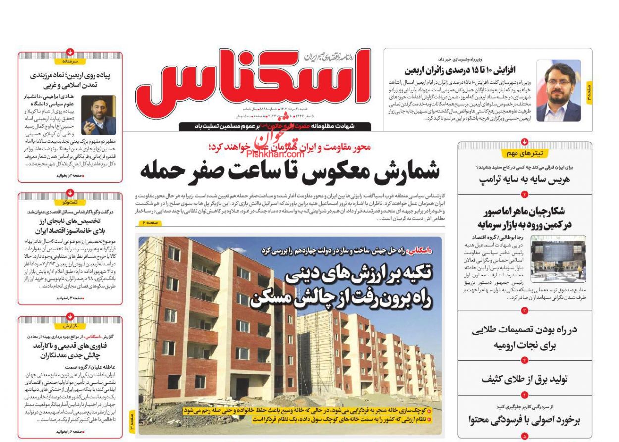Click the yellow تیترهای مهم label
(524, 153)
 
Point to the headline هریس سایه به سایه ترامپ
(524, 179)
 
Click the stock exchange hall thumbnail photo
(558, 259)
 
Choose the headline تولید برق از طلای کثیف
(524, 379)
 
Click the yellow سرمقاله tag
(70, 61)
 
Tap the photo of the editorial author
(99, 115)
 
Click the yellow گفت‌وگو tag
(70, 202)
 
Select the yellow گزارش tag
(70, 326)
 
